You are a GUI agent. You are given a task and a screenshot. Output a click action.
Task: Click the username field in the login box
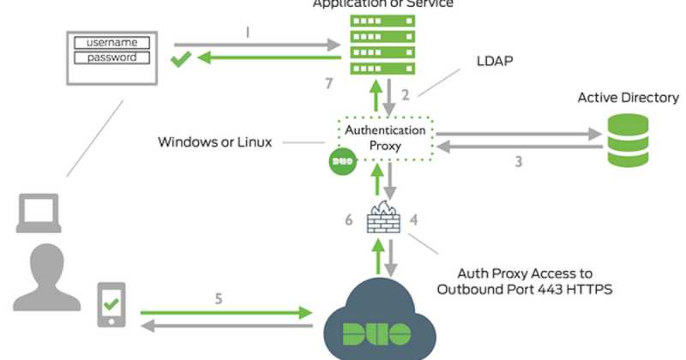pos(112,41)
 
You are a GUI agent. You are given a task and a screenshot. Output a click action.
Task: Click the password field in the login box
pos(112,57)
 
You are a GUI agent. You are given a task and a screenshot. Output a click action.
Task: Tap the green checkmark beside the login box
pos(181,60)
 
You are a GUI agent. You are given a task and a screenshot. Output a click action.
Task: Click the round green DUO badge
pos(341,161)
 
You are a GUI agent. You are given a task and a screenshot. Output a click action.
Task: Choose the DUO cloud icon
pos(376,321)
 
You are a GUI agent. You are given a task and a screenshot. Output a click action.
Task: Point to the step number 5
pos(220,301)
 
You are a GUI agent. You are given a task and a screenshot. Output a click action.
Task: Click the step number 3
pos(518,161)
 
